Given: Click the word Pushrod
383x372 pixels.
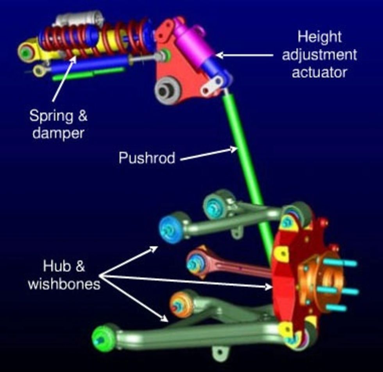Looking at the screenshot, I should point(147,158).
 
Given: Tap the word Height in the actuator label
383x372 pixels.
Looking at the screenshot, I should point(319,37).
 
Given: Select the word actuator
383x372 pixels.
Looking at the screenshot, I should point(319,72).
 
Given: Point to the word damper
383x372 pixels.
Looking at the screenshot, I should point(58,133).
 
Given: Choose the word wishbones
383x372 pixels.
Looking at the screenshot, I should point(64,284).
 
